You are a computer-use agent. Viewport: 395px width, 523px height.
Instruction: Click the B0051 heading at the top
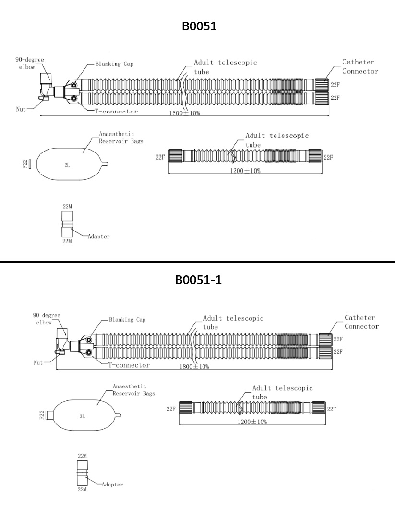199,26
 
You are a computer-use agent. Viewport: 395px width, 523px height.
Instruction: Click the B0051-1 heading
198,279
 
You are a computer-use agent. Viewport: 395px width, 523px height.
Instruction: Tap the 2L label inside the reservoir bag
67,165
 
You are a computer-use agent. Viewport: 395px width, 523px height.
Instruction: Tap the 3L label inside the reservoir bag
82,416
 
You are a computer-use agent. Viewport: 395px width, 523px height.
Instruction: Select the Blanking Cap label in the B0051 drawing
114,64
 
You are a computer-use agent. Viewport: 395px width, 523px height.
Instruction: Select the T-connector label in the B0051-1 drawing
129,365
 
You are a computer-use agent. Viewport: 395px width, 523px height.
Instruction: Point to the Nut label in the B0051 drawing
21,109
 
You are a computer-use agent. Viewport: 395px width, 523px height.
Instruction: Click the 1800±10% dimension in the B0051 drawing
184,113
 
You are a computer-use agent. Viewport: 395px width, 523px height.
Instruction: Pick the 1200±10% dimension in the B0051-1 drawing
252,422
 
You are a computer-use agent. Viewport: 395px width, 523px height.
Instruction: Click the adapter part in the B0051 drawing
67,224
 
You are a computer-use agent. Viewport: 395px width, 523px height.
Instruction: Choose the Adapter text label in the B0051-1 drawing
112,485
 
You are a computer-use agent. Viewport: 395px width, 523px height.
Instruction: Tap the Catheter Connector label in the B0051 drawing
360,66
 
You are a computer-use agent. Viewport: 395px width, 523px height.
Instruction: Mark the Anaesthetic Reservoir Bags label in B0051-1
134,389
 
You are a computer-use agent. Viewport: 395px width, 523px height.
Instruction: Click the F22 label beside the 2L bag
25,164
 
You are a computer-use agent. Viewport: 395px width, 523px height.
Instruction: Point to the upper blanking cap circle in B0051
74,86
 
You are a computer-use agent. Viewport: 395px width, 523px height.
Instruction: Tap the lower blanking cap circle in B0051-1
89,352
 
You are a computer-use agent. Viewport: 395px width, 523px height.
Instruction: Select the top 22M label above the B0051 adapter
67,207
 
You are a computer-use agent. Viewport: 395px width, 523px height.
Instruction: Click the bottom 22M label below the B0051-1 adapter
82,489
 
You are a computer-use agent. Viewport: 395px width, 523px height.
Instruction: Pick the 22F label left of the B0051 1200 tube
160,157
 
